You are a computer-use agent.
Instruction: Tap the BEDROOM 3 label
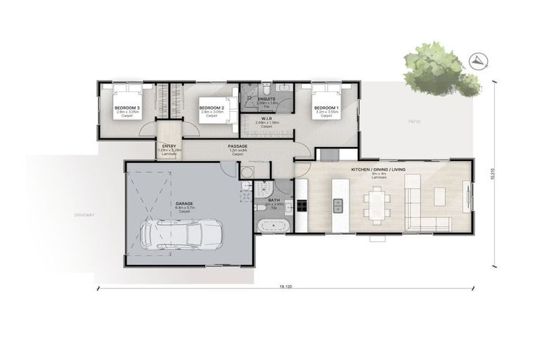127,108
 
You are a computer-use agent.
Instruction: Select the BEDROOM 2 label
212,108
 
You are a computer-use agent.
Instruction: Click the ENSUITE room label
266,99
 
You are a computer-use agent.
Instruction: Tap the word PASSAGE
237,146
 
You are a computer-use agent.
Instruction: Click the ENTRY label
169,146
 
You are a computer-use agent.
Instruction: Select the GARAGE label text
184,204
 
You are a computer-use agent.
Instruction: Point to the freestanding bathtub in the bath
272,226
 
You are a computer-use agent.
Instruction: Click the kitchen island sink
337,205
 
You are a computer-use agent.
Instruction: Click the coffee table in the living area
441,195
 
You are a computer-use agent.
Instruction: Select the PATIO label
415,122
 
